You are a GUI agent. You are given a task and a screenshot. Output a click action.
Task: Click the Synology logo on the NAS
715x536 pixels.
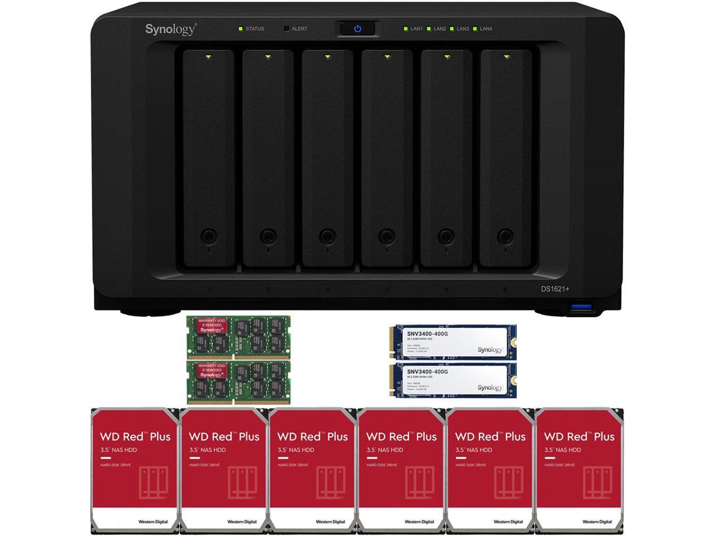click(x=170, y=29)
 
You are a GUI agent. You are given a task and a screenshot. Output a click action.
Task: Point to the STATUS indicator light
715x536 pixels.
click(x=240, y=28)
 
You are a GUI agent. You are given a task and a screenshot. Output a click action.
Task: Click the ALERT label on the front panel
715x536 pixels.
click(x=299, y=29)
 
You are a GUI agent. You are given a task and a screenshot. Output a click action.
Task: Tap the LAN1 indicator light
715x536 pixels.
click(x=406, y=28)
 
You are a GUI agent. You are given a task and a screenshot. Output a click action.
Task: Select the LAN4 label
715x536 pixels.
click(x=486, y=29)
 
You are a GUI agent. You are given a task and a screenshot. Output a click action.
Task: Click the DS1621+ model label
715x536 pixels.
click(x=555, y=289)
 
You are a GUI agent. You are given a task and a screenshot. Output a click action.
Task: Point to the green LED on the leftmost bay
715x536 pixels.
click(x=208, y=56)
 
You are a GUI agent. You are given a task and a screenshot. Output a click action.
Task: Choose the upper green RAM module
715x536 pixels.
click(x=239, y=337)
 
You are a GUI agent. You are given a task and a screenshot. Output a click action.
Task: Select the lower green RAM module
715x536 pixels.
click(x=239, y=382)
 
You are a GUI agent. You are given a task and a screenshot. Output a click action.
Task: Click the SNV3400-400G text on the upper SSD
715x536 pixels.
click(x=427, y=334)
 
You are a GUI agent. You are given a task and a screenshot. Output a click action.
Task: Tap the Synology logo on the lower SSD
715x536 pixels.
click(x=489, y=387)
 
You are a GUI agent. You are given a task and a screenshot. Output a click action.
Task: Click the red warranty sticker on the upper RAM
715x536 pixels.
click(x=211, y=326)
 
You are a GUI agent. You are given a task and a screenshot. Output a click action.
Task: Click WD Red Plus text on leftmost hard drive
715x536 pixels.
click(x=135, y=437)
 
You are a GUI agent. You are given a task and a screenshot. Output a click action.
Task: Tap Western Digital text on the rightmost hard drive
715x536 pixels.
click(x=597, y=522)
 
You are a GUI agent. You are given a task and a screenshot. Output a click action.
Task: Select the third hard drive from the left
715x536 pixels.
click(x=312, y=470)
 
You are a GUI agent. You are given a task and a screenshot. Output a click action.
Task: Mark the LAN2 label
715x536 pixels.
click(x=440, y=29)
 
